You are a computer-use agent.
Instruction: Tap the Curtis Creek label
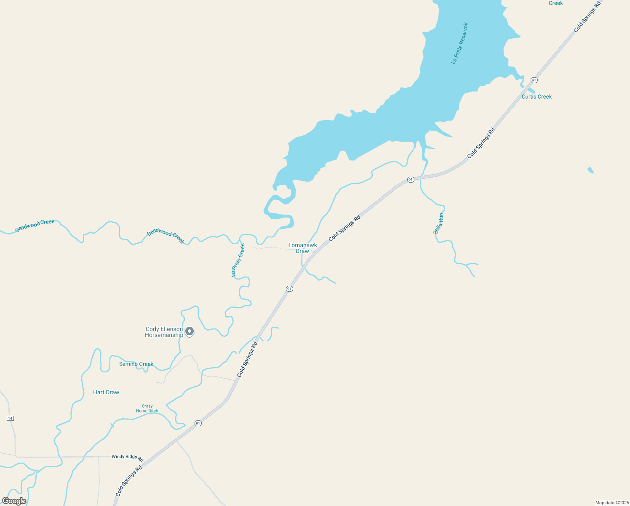[x=537, y=97]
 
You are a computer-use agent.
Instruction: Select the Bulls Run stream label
[x=438, y=223]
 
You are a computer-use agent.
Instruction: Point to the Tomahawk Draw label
[x=302, y=248]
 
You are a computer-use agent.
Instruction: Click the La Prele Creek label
[x=238, y=260]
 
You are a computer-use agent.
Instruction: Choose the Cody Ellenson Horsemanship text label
[x=164, y=332]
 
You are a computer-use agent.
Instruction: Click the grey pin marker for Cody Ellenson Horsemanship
[x=190, y=331]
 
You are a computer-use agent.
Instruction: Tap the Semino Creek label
[x=136, y=364]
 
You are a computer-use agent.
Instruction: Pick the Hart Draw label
[x=106, y=392]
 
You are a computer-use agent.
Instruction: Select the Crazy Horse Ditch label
[x=147, y=409]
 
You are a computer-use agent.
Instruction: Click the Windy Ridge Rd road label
[x=128, y=457]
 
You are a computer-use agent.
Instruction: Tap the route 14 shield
[x=11, y=418]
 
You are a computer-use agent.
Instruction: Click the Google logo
[x=14, y=501]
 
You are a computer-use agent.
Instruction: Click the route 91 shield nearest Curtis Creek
[x=534, y=80]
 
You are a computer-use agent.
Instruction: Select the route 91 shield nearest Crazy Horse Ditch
[x=198, y=423]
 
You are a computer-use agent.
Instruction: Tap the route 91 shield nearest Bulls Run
[x=411, y=180]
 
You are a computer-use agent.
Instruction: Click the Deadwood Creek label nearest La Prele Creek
[x=166, y=237]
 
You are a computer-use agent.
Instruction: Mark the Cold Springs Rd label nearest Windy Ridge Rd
[x=129, y=481]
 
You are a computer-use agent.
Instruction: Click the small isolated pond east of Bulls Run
[x=591, y=170]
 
